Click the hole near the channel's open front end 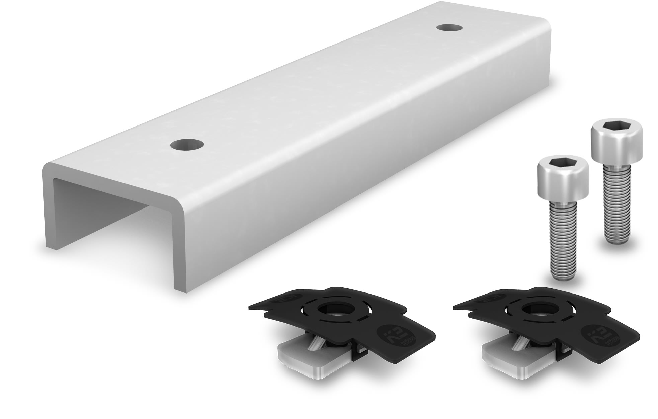(187, 145)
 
